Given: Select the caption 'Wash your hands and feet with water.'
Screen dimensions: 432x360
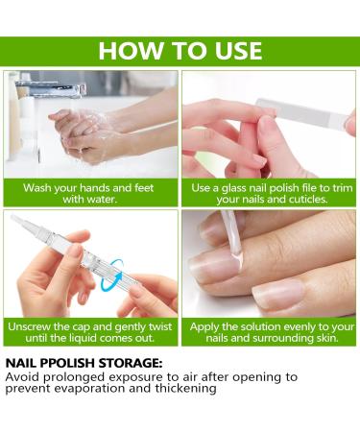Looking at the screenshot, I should tap(90, 193).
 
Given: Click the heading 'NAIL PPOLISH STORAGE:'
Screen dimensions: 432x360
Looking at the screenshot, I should tap(84, 363).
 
